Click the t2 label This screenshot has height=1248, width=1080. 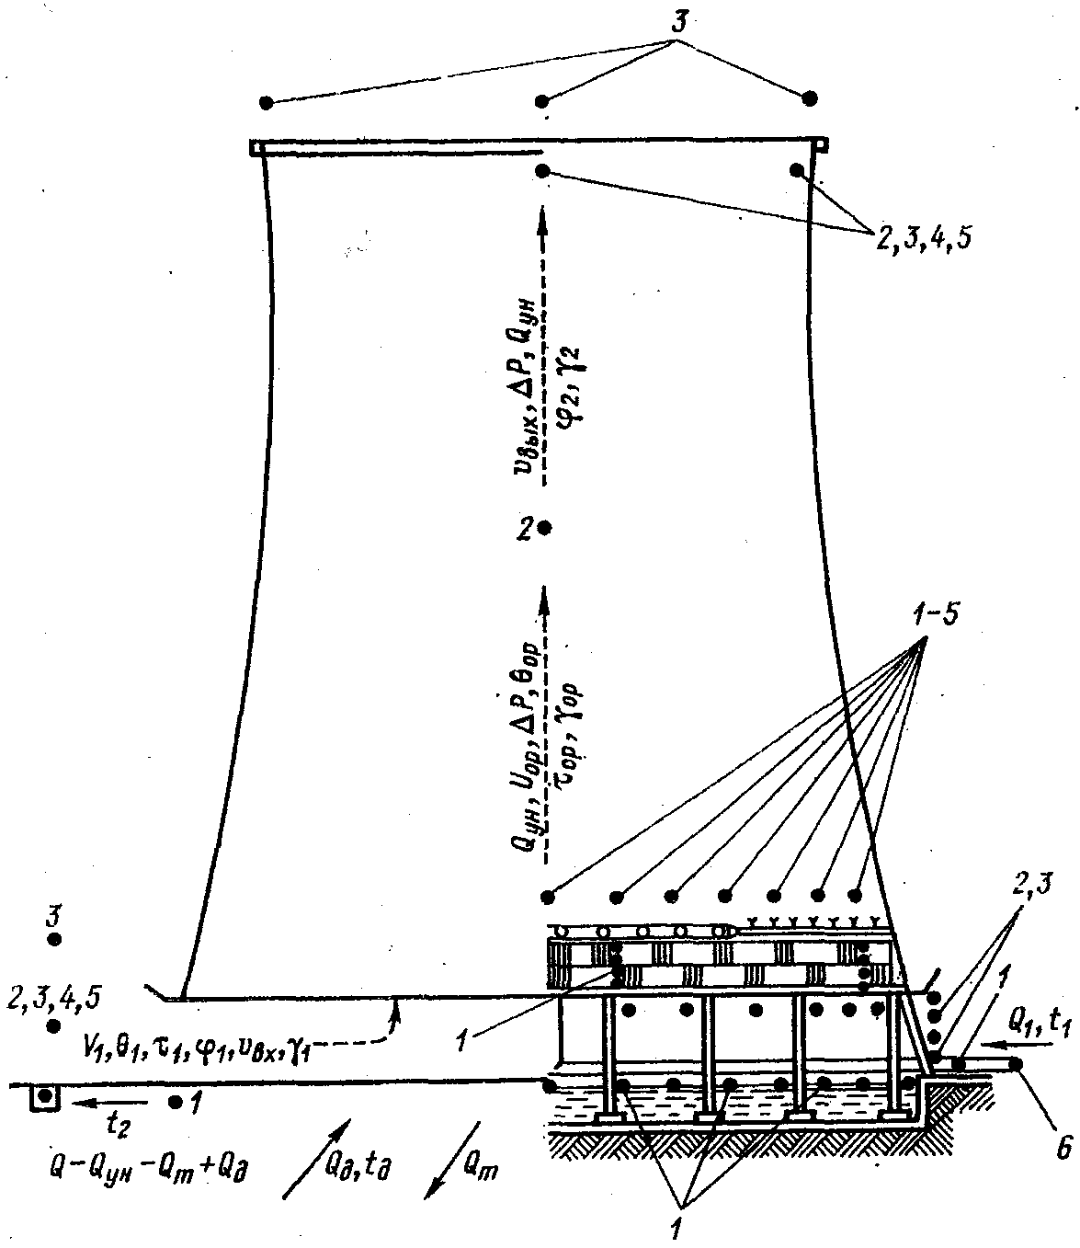(108, 1126)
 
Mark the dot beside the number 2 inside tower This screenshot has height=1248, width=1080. (545, 528)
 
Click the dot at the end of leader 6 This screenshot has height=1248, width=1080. (1017, 1064)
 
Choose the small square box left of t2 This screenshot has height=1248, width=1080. (43, 1097)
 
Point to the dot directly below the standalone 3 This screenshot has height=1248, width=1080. (54, 939)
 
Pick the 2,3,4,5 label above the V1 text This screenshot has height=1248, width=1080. (53, 997)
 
